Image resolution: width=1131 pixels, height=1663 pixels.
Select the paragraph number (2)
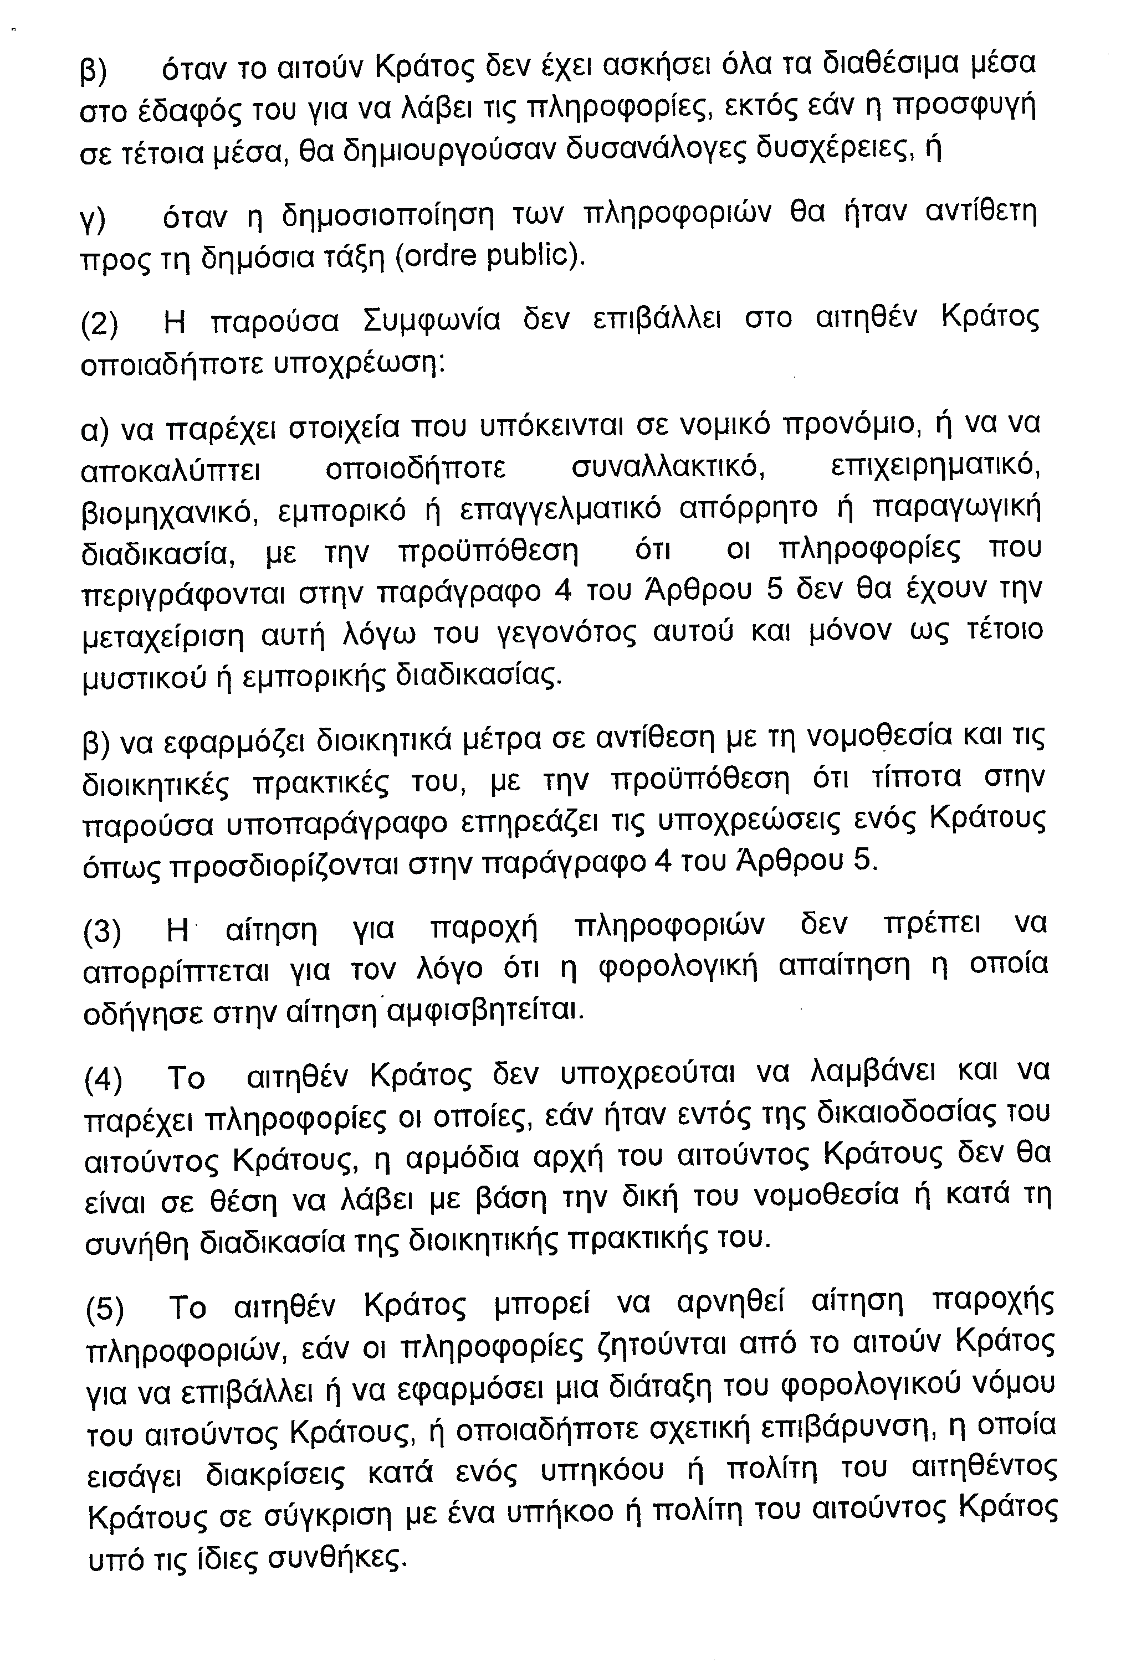(x=100, y=324)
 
